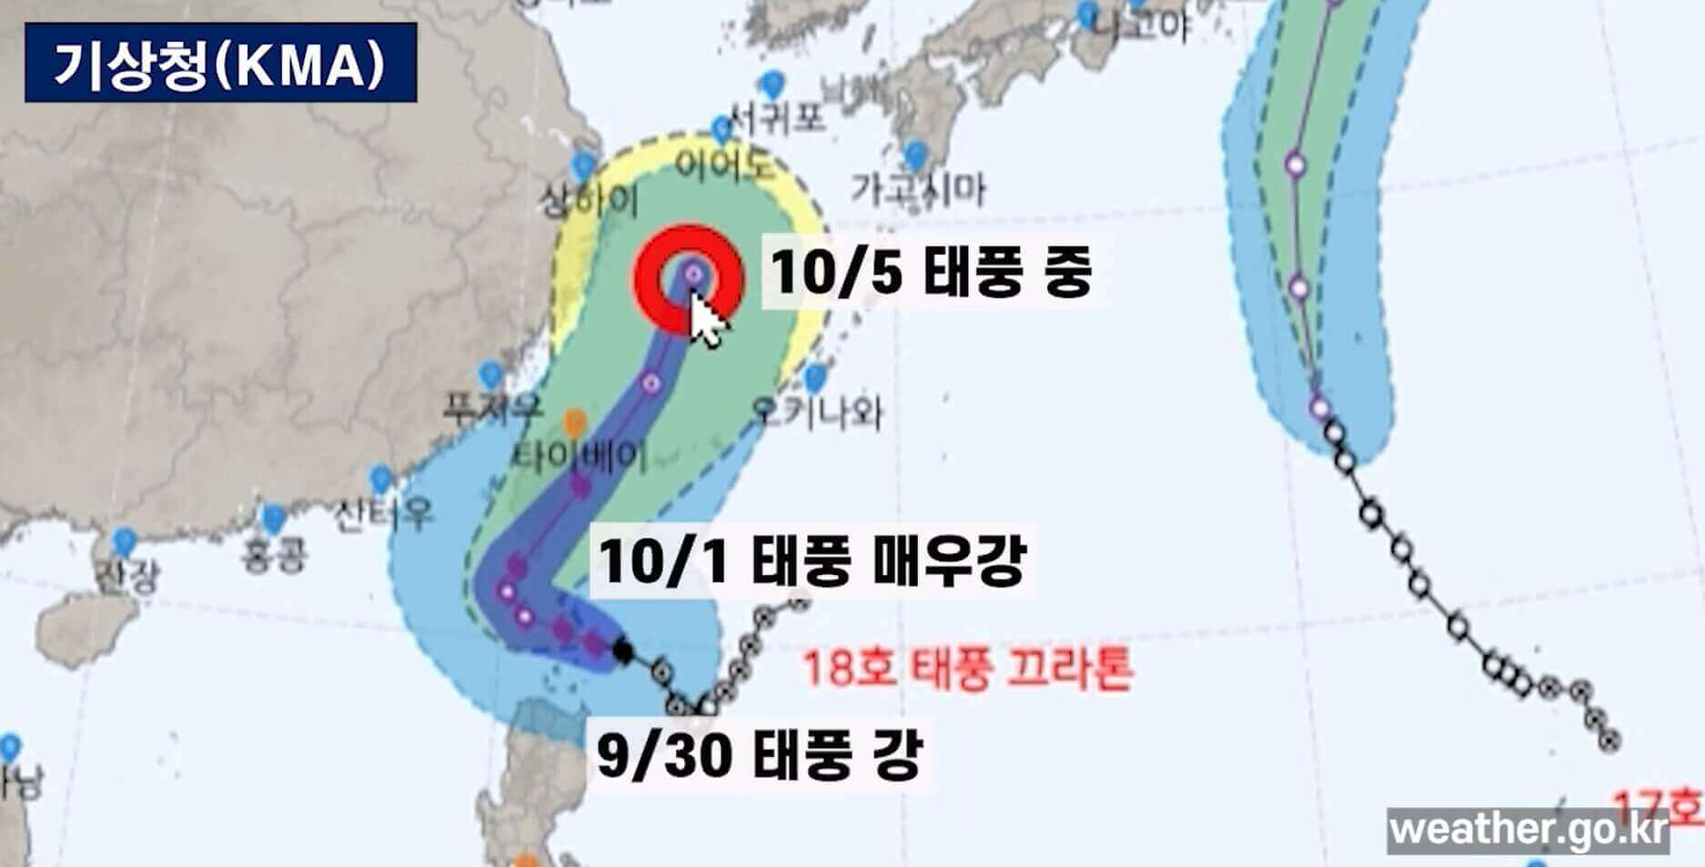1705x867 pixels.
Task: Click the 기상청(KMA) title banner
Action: click(220, 63)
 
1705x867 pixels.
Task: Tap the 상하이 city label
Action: click(589, 198)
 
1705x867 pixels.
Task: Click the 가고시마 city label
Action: click(918, 189)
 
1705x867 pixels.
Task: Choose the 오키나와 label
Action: click(817, 412)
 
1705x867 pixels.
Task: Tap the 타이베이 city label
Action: click(580, 455)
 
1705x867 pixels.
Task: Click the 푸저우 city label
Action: click(492, 406)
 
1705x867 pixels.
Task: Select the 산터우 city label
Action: click(382, 515)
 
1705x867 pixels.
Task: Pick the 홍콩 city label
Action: click(275, 554)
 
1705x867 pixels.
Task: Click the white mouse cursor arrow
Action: click(708, 320)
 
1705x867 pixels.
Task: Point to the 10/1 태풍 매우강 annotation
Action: click(812, 560)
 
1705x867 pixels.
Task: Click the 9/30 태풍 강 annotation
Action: click(759, 754)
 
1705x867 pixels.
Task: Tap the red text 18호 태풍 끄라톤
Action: click(967, 669)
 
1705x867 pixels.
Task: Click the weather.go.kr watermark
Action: click(1528, 830)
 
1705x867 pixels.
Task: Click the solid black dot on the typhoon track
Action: click(622, 650)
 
